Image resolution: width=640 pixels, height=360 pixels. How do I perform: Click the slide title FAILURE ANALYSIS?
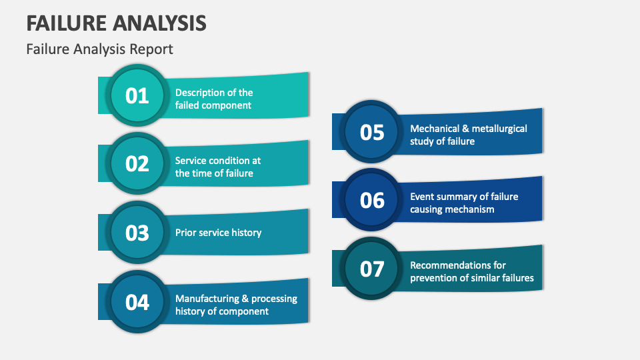117,22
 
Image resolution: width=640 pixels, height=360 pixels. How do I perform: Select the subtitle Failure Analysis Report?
99,49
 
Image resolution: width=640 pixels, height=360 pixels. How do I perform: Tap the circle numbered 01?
137,96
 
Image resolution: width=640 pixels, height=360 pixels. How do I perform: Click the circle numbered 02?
137,164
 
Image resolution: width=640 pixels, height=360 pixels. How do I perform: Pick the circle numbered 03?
137,233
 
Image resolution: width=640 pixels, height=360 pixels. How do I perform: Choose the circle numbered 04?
137,302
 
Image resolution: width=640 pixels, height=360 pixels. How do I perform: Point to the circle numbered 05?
372,132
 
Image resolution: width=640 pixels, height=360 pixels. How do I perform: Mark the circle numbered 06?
372,200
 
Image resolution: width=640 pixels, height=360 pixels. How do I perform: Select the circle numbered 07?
372,269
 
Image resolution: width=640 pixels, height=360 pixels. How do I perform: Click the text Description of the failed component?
214,99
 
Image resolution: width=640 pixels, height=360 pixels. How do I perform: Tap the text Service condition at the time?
217,167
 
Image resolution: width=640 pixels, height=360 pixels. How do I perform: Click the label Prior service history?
218,233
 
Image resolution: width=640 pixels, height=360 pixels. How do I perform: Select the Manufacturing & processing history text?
236,305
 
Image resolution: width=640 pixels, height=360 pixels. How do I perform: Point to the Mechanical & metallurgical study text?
468,135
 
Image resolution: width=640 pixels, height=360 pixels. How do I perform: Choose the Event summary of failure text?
463,203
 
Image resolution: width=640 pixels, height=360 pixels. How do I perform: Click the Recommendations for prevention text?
471,271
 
